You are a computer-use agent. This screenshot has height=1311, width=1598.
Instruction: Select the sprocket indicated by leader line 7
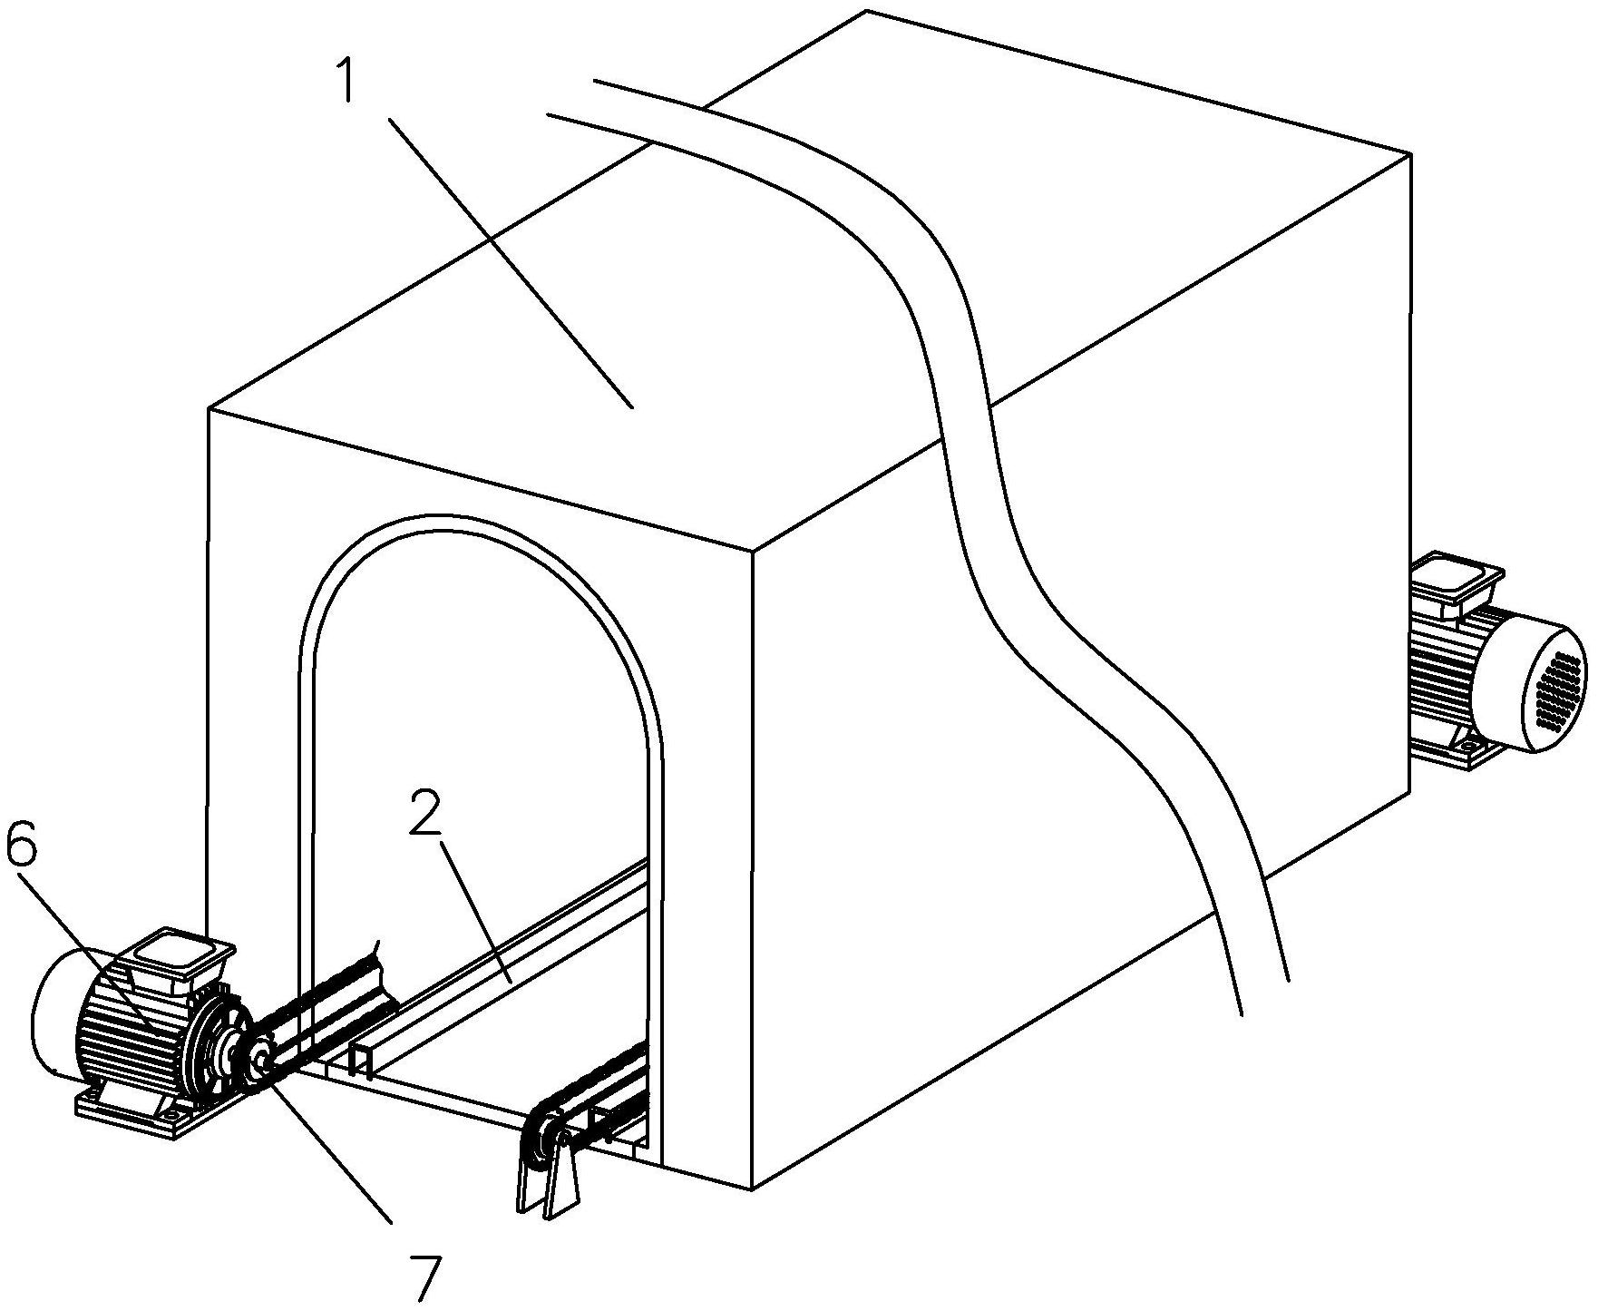262,1056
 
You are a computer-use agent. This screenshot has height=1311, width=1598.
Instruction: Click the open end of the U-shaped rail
362,1062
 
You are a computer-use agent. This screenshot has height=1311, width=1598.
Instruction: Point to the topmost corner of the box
868,11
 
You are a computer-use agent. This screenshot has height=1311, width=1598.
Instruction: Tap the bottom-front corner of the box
753,1189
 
